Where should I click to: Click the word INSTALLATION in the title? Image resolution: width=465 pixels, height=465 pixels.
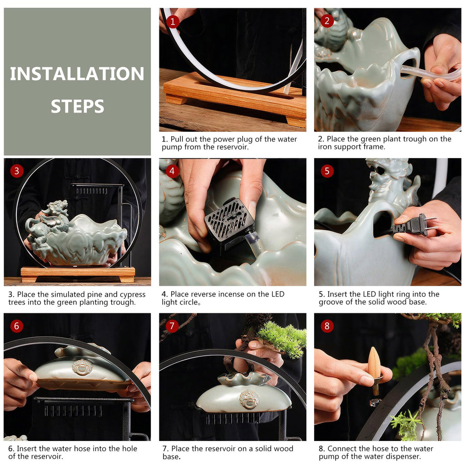pyautogui.click(x=77, y=74)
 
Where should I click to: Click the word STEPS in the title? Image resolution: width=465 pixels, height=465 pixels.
pyautogui.click(x=77, y=106)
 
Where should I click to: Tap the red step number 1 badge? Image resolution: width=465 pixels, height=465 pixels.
pyautogui.click(x=172, y=21)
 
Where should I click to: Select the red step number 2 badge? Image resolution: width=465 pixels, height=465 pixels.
pyautogui.click(x=327, y=21)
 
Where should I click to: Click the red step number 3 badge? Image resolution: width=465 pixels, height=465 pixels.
pyautogui.click(x=17, y=171)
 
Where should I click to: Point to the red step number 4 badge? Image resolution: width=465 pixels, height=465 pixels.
pyautogui.click(x=172, y=171)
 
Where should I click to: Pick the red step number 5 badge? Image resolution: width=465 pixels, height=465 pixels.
pyautogui.click(x=327, y=171)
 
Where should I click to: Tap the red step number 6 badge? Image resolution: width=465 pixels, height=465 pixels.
pyautogui.click(x=17, y=326)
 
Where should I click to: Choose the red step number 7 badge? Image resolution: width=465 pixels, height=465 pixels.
pyautogui.click(x=172, y=326)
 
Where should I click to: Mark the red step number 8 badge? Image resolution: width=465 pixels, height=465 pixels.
pyautogui.click(x=327, y=326)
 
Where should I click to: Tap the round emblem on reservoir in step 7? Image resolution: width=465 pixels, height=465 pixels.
pyautogui.click(x=249, y=398)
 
